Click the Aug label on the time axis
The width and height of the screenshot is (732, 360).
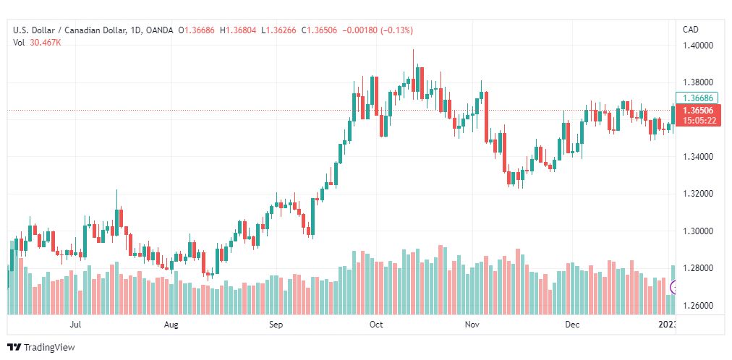(171, 325)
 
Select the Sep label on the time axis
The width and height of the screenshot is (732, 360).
(275, 325)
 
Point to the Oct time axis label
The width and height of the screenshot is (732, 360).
(375, 325)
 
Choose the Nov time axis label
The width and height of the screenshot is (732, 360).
(473, 325)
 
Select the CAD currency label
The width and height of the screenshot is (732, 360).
(691, 30)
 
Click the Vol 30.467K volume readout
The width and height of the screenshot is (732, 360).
(37, 43)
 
